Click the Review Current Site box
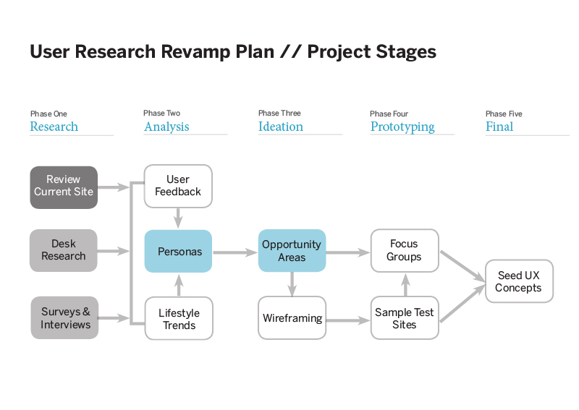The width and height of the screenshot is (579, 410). (x=64, y=187)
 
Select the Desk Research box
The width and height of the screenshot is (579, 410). (x=64, y=251)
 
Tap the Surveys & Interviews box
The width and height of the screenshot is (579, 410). (x=64, y=317)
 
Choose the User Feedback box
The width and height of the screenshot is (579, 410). (x=178, y=186)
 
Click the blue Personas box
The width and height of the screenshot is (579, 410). (x=178, y=252)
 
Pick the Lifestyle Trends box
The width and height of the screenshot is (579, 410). (x=179, y=318)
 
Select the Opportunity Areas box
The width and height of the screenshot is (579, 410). (x=292, y=251)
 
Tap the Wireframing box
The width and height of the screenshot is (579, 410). (x=292, y=317)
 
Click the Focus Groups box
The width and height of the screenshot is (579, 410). (x=405, y=251)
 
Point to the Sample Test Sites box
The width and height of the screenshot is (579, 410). (x=405, y=317)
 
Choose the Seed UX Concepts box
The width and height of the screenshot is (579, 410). (x=519, y=281)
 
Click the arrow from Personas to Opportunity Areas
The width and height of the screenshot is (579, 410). (x=235, y=252)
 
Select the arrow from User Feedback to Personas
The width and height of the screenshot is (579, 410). (x=178, y=218)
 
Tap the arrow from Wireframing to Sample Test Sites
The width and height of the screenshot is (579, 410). (x=348, y=320)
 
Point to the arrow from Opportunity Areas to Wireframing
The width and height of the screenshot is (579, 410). (x=292, y=284)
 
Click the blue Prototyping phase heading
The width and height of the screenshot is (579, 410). (x=402, y=127)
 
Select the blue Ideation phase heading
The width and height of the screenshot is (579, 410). (x=281, y=127)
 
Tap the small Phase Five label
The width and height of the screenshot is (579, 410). (x=504, y=114)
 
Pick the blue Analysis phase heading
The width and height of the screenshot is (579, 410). (x=166, y=127)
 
